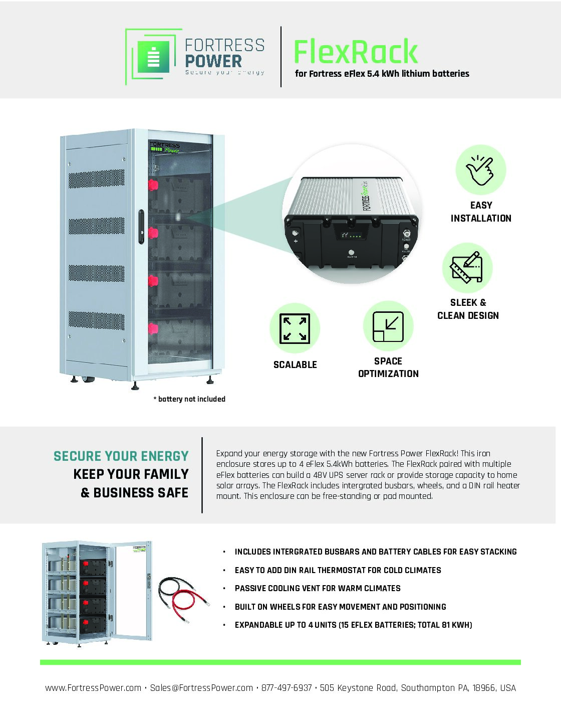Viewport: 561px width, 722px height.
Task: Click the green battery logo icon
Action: (x=153, y=56)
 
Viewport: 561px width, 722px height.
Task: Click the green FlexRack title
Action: (x=355, y=52)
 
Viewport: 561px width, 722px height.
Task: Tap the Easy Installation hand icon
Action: (x=480, y=170)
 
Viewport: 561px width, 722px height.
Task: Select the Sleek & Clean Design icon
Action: (x=467, y=268)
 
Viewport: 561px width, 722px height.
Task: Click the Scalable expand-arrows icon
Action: (x=295, y=328)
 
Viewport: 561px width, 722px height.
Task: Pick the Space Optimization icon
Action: (x=388, y=326)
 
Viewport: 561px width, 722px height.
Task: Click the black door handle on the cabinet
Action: (x=141, y=227)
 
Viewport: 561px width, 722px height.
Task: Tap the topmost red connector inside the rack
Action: (x=152, y=185)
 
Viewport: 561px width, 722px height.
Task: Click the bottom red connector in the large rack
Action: (x=152, y=328)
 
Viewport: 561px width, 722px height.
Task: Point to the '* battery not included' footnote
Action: (x=189, y=399)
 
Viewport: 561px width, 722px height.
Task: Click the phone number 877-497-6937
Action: (x=287, y=688)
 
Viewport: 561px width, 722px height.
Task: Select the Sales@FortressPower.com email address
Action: (x=201, y=688)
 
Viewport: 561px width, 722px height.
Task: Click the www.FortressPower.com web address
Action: (x=93, y=688)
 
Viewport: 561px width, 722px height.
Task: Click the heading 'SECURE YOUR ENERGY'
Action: (x=121, y=456)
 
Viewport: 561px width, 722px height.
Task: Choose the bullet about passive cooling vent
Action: (x=318, y=588)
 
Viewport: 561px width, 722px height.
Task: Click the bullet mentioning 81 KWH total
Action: (x=353, y=625)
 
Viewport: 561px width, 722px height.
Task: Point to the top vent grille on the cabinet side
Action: (x=96, y=178)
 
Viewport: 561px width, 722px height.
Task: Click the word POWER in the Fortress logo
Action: (x=213, y=61)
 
